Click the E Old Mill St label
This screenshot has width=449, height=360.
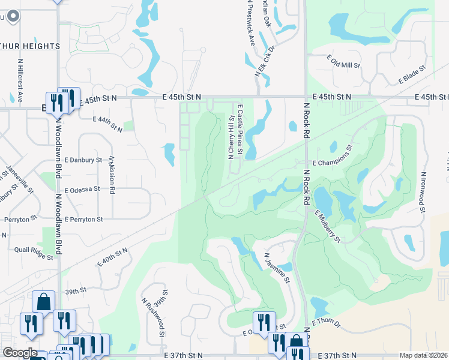(343, 61)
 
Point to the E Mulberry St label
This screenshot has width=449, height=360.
(328, 226)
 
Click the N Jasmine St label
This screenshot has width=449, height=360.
(277, 268)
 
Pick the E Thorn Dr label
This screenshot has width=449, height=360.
(325, 324)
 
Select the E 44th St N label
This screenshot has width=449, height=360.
(107, 121)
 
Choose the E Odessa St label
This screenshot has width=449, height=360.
(82, 189)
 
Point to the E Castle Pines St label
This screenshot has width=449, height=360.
(239, 129)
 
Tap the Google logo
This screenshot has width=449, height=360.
(20, 353)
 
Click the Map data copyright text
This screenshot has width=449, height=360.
(423, 355)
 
